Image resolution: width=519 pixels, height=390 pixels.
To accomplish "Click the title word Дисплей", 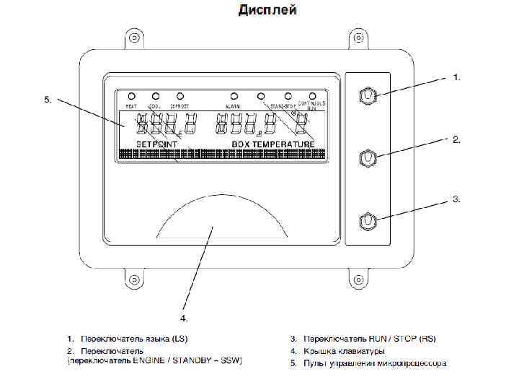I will coord(267,10).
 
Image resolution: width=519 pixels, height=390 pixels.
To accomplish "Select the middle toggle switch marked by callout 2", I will coord(368,157).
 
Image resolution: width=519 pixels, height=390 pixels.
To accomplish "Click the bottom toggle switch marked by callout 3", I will coord(368,218).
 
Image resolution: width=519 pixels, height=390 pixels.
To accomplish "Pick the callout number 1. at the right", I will coord(456,75).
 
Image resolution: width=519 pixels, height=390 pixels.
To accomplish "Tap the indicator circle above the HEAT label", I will coord(131,95).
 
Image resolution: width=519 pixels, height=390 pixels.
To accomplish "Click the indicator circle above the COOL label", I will coord(156,95).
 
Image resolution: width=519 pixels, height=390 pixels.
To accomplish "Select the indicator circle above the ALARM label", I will coord(234,95).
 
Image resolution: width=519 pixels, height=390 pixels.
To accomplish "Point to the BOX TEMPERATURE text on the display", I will coord(273,144).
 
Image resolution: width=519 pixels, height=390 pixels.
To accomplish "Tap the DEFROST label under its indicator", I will coord(179,106).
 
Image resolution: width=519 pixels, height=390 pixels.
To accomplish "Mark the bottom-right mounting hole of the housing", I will coord(357,277).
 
